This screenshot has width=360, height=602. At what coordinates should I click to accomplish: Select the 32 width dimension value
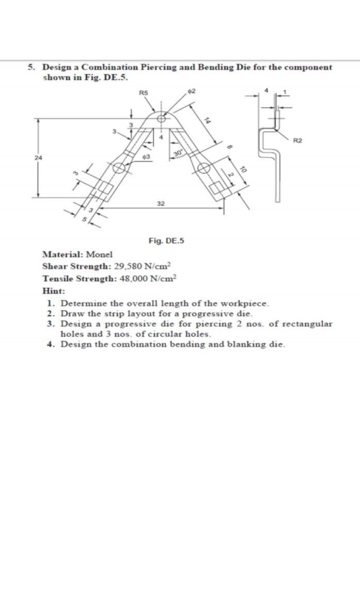[x=161, y=204]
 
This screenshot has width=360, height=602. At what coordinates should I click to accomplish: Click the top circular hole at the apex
[x=162, y=118]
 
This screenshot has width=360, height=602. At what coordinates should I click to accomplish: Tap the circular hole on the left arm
[x=119, y=168]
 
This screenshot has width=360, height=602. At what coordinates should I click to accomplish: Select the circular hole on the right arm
[x=204, y=168]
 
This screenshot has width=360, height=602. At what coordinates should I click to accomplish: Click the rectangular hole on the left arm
[x=105, y=188]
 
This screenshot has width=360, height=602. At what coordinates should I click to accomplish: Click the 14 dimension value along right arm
[x=207, y=120]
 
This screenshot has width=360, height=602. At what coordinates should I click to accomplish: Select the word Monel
[x=99, y=254]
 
